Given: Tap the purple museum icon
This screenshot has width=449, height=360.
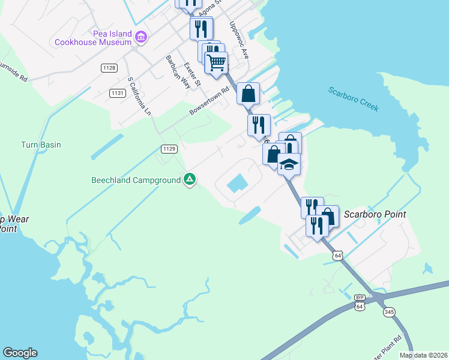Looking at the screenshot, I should (140, 38).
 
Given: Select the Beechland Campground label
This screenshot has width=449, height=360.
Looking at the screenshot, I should (136, 180).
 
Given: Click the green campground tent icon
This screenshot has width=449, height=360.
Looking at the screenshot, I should (190, 179).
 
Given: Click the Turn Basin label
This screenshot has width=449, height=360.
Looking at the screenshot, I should (41, 145).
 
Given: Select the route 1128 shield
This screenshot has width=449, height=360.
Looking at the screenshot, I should (109, 68).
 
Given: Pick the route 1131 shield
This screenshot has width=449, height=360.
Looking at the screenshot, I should (117, 93).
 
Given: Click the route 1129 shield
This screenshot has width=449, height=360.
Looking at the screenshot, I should (169, 148).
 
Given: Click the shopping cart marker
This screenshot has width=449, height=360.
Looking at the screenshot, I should (216, 62).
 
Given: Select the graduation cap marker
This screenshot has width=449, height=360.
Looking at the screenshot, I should (289, 163).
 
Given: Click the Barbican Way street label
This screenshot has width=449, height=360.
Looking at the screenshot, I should (178, 73).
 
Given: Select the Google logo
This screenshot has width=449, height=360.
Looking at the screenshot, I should (20, 353).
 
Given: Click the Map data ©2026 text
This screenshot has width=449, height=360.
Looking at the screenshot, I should (423, 355).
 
